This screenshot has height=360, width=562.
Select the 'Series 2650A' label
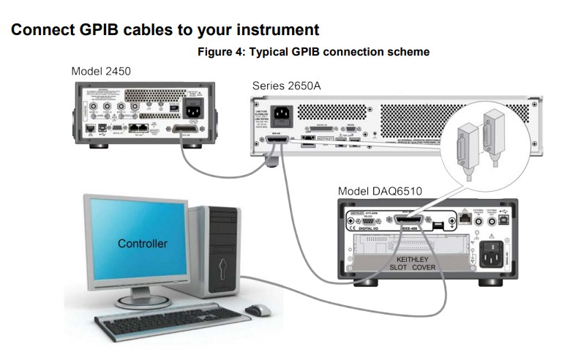(286, 86)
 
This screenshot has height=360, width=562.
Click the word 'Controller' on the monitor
(142, 243)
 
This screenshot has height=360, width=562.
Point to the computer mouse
(258, 310)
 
